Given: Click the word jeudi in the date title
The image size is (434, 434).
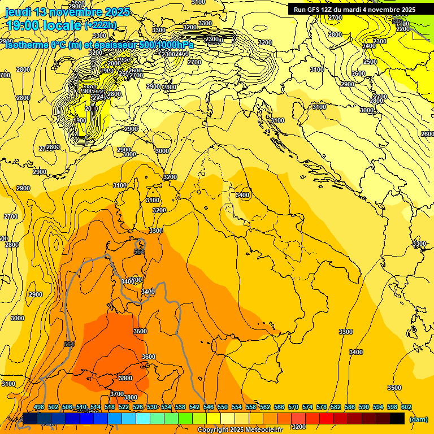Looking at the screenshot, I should tap(18, 12).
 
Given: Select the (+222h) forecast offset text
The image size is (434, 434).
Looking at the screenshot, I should tap(100, 25).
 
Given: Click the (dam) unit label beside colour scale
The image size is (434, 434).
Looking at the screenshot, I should tap(418, 419).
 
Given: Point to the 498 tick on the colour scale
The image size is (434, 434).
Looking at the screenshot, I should tap(39, 407).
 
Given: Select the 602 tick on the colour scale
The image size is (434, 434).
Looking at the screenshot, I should tap(406, 407).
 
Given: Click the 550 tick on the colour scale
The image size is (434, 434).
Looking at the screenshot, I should tap(223, 407).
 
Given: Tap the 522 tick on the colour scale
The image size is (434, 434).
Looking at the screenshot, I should tap(124, 407).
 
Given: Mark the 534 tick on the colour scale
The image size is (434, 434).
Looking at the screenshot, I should tap(166, 407).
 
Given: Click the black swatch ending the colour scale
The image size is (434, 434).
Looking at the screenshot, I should tap(397, 418).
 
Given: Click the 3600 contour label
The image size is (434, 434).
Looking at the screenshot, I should tap(148, 357).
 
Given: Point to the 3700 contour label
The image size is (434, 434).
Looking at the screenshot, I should tap(117, 394).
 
